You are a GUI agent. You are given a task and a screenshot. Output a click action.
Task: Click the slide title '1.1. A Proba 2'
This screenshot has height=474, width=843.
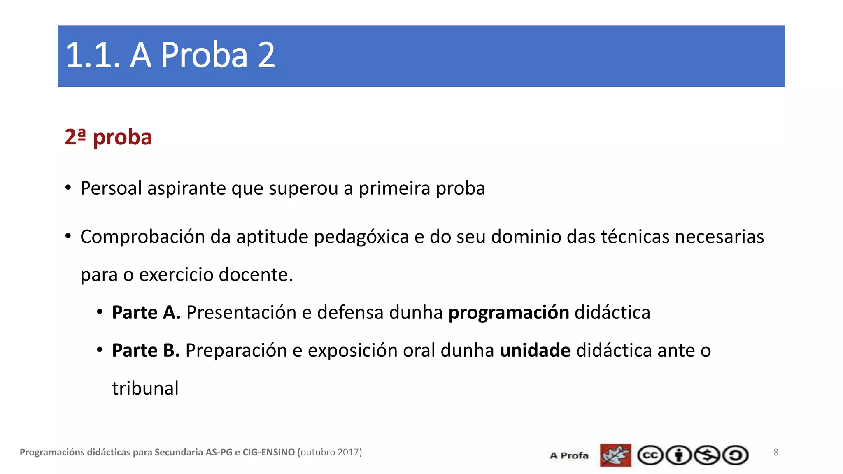tap(170, 55)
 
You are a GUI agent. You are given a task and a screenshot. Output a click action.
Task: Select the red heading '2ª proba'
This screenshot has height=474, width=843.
tap(108, 137)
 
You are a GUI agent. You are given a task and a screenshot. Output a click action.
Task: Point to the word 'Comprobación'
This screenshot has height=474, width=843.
tap(142, 237)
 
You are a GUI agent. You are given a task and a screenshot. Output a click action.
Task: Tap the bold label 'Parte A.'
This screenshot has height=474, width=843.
tap(146, 313)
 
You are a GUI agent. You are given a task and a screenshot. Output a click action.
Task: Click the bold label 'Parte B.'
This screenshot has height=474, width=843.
tap(146, 351)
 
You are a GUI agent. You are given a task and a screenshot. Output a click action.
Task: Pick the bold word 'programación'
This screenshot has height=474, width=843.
tap(509, 313)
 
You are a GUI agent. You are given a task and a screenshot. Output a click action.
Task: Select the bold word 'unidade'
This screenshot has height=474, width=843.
tap(535, 351)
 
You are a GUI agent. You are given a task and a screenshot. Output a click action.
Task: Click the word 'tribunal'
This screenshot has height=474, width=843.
tap(145, 388)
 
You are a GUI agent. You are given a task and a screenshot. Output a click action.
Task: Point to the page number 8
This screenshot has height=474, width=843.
tap(776, 453)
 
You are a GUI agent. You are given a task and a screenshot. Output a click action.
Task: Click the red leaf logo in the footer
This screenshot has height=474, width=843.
tap(615, 455)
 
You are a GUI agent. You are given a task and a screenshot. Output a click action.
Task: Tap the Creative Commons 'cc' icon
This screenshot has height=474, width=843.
tap(650, 455)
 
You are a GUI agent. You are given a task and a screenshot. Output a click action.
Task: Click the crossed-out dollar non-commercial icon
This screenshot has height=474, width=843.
tap(707, 455)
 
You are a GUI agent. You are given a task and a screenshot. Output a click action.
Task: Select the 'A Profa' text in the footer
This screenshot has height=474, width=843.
tap(569, 455)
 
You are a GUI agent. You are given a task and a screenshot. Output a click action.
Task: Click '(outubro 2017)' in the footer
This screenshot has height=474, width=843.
tap(329, 453)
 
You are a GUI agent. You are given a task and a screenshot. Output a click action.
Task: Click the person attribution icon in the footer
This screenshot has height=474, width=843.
tap(679, 455)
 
